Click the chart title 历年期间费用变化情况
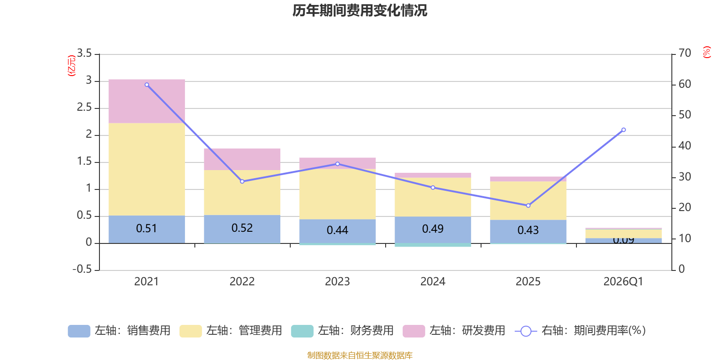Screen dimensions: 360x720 point(360,10)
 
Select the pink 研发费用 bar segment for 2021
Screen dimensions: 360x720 point(147,101)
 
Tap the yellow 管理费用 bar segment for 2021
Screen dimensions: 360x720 point(147,170)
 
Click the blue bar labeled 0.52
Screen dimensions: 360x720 point(242,229)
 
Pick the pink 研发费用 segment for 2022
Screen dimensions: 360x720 point(242,159)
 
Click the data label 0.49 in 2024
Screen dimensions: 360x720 point(433,229)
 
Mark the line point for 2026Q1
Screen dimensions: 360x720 point(623,130)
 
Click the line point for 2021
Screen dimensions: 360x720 point(147,85)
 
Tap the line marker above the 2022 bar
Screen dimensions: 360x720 point(242,181)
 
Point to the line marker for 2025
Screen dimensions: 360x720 point(528,206)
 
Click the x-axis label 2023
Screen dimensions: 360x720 point(337,282)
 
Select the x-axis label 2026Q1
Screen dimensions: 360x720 point(623,282)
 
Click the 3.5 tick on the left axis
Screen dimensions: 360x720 point(84,54)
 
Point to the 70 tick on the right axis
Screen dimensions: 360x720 point(684,53)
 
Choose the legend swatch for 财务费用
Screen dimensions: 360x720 point(302,331)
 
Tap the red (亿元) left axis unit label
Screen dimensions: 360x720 point(71,66)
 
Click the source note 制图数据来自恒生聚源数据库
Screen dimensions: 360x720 point(360,355)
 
